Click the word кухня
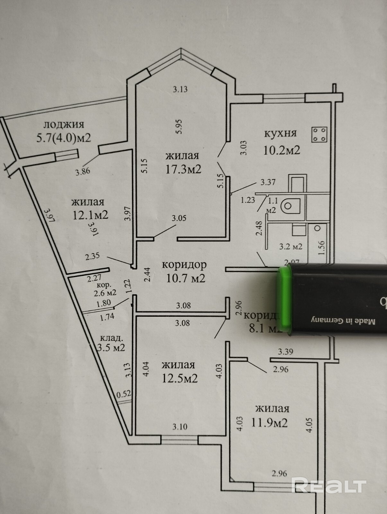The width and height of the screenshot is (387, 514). tap(280, 133)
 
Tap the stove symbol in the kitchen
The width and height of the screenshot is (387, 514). tap(319, 134)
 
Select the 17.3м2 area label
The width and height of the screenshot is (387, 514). tap(183, 169)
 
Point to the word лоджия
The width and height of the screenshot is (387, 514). tap(64, 124)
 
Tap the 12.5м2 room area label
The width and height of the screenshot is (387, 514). tap(180, 378)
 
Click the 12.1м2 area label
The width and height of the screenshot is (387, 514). tap(90, 215)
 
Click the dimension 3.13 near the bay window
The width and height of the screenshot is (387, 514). tap(180, 90)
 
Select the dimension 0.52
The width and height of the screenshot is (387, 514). tap(124, 394)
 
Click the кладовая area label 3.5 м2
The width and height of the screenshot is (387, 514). tap(111, 347)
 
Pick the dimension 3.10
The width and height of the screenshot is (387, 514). tap(180, 427)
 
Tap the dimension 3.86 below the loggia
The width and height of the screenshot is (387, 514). tap(83, 171)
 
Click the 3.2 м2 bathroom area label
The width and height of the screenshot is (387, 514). tap(290, 247)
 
